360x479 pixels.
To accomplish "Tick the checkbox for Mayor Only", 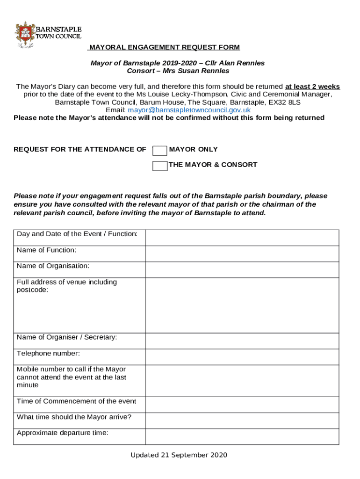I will coord(160,150).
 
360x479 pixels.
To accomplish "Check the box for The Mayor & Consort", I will coord(160,166).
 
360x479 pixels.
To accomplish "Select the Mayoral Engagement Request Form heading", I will coord(165,47).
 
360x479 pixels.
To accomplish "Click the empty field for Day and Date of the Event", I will coord(242,238).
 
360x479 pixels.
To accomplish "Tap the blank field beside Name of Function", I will coord(242,254).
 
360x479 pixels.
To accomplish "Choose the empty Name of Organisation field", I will coord(242,269).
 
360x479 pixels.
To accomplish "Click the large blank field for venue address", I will coord(242,305).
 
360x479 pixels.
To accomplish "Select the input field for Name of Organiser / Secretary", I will coord(242,341).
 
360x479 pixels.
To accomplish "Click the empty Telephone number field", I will coord(242,356).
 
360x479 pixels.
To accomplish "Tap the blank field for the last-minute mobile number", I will coord(242,380).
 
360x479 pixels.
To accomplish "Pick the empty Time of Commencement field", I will coord(242,404).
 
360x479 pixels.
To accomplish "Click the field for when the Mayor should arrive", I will coord(242,420).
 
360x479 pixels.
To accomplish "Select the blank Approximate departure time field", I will coord(242,436).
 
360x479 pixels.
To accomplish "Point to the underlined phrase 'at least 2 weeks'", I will coord(312,87).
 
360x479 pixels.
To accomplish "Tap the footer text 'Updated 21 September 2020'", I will coord(179,455).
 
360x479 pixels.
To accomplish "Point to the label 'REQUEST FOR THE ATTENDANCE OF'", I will coord(80,149).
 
